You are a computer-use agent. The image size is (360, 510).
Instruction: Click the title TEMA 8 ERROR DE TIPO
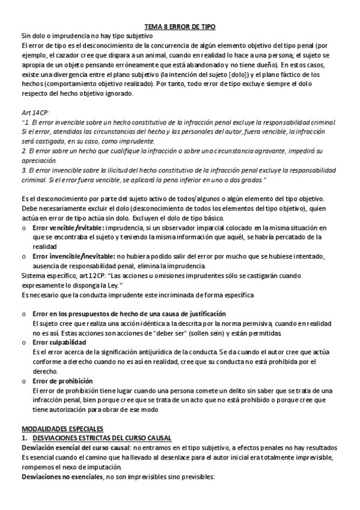click(180, 27)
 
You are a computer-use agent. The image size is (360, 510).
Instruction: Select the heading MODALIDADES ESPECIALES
click(62, 428)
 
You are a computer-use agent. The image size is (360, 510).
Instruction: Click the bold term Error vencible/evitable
click(69, 228)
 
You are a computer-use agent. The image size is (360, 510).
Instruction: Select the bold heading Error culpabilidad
click(59, 342)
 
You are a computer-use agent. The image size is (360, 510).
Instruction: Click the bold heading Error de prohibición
click(63, 381)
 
